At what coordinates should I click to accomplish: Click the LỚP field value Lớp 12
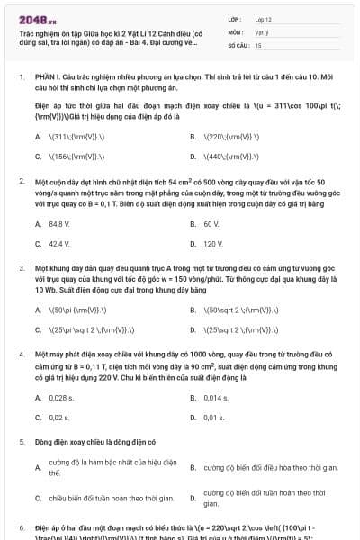point(263,19)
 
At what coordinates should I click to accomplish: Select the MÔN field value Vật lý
point(262,31)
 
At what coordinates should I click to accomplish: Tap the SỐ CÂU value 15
point(258,44)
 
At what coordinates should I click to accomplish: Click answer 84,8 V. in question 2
point(59,223)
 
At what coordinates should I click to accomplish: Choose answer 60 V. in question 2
point(211,223)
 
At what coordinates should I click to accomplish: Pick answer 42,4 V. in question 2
point(59,243)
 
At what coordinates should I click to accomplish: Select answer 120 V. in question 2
point(213,243)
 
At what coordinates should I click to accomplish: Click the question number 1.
point(21,77)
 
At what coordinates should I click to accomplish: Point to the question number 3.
point(21,268)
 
